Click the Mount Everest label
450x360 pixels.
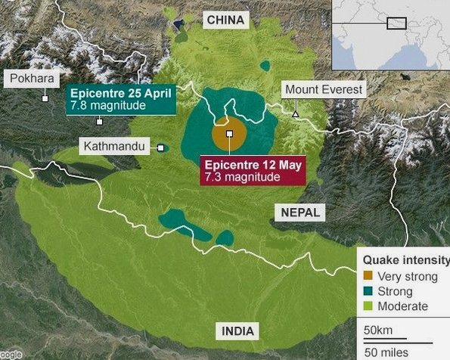click(323, 90)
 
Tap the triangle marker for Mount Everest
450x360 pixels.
click(296, 114)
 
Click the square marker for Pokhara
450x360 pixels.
click(45, 98)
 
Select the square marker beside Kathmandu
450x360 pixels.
click(161, 147)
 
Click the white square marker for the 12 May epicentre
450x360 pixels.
click(229, 135)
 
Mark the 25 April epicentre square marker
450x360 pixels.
click(99, 121)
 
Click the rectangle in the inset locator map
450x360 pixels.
click(396, 23)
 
